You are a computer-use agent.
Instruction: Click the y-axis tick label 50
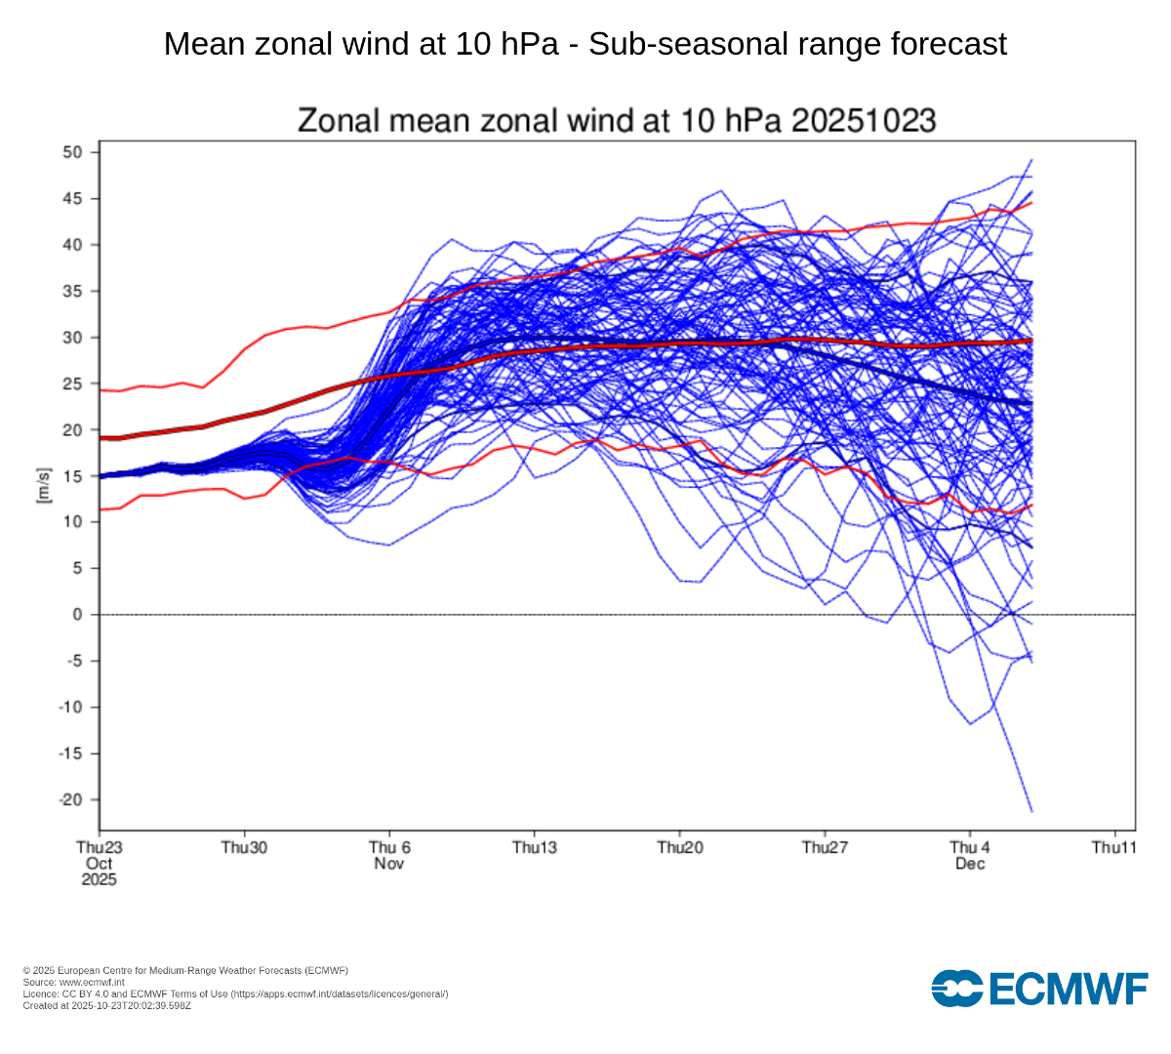tap(73, 152)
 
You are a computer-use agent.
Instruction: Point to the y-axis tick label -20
tap(70, 799)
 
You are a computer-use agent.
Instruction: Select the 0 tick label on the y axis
tap(78, 615)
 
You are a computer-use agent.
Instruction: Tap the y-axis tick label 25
tap(73, 384)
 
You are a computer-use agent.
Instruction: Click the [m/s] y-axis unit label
tap(43, 484)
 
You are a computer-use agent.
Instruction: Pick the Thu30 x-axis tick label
tap(244, 847)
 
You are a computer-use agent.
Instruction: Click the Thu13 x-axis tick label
tap(535, 847)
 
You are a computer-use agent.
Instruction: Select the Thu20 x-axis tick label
tap(680, 847)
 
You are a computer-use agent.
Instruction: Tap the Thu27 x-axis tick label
tap(825, 847)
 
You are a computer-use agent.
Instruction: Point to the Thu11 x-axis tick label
tap(1113, 847)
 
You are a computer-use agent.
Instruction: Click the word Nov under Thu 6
tap(389, 864)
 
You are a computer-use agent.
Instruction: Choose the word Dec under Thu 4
tap(970, 864)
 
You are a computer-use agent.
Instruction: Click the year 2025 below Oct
tap(100, 879)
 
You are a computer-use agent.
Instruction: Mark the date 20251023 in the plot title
tap(863, 121)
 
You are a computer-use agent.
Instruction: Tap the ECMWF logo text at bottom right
tap(1070, 989)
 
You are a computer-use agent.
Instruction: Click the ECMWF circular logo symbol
tap(957, 989)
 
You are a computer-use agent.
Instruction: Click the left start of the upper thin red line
tap(101, 390)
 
